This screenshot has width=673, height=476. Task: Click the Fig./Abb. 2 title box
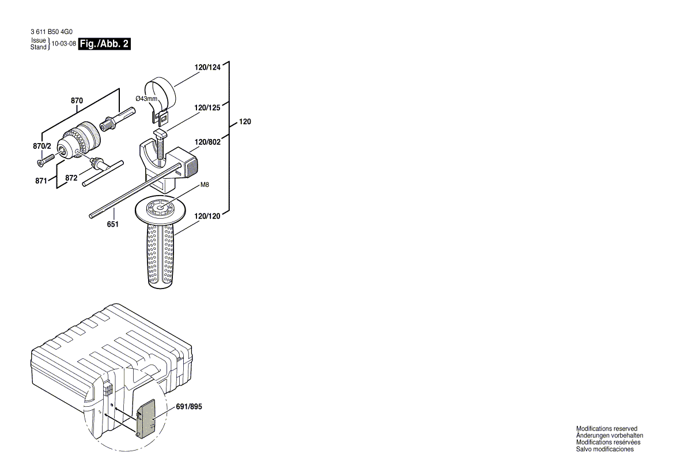[104, 43]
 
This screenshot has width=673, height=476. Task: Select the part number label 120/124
[207, 68]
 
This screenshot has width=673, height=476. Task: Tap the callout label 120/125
[207, 107]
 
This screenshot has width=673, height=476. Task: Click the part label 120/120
[207, 216]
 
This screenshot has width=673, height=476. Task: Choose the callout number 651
[112, 224]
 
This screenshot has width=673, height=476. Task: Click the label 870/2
[41, 147]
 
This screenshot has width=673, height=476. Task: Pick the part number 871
[40, 181]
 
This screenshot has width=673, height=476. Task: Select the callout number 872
[71, 178]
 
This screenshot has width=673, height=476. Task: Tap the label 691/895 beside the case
[190, 406]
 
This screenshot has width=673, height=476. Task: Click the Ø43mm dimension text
[146, 99]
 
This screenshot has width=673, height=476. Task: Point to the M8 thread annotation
[205, 185]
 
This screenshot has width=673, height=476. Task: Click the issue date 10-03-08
[64, 44]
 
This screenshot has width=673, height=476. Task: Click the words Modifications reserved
[607, 429]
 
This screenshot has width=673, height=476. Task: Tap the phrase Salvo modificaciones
[604, 449]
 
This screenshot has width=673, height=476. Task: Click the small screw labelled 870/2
[45, 157]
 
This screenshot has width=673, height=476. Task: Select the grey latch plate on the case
[148, 417]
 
